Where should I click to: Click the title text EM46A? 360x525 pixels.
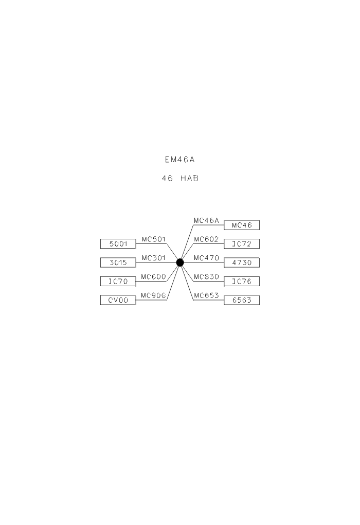click(x=179, y=160)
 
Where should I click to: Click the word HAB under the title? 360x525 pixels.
click(x=190, y=179)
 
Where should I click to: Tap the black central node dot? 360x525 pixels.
click(x=180, y=262)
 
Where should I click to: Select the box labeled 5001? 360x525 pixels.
click(x=118, y=244)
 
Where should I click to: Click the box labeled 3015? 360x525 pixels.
click(x=118, y=262)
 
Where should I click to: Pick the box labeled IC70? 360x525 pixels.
click(x=118, y=281)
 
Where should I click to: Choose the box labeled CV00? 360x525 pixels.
click(x=118, y=300)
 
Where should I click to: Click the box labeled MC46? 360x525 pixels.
click(x=242, y=225)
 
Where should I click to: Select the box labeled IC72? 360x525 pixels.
click(x=242, y=244)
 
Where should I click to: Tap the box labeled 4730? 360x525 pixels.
click(x=242, y=262)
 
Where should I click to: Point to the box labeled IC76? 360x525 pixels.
click(x=242, y=281)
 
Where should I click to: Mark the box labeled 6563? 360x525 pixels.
click(x=242, y=300)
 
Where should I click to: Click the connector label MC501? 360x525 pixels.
click(x=154, y=239)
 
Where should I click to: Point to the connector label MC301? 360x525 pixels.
click(x=154, y=258)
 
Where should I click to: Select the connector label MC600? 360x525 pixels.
click(x=153, y=277)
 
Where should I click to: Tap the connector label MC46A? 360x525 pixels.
click(x=206, y=221)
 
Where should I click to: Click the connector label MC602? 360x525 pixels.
click(x=206, y=239)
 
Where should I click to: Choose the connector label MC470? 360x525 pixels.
click(x=206, y=258)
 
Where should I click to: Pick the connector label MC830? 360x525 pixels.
click(x=206, y=277)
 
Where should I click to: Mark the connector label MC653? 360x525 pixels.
click(x=206, y=295)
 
